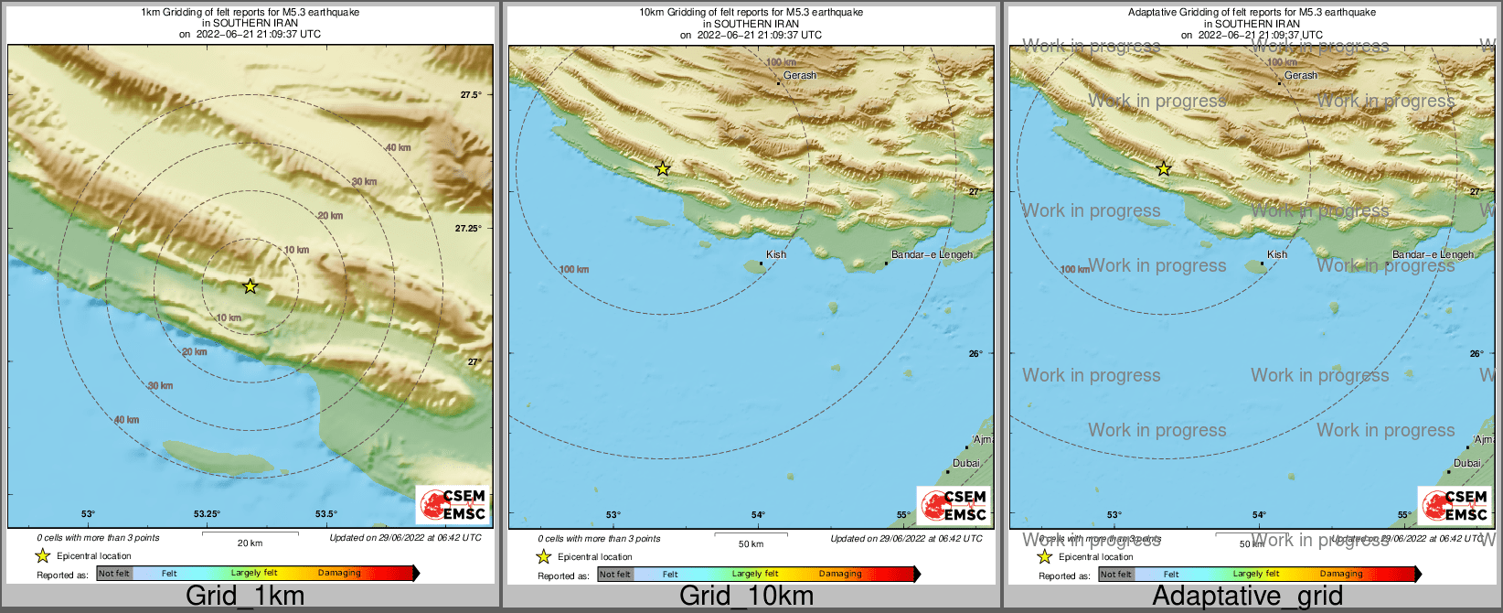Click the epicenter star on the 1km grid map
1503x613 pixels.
pyautogui.click(x=250, y=286)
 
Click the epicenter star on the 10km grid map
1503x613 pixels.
pyautogui.click(x=663, y=168)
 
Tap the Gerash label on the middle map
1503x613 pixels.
pyautogui.click(x=799, y=75)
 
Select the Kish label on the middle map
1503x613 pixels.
pyautogui.click(x=775, y=254)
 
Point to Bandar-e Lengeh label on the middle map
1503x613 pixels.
pyautogui.click(x=932, y=254)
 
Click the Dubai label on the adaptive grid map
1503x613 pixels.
pyautogui.click(x=1466, y=463)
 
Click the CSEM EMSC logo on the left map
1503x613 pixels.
pyautogui.click(x=453, y=504)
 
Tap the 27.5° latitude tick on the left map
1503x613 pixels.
pyautogui.click(x=470, y=94)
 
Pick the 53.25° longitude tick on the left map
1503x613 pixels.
pyautogui.click(x=207, y=514)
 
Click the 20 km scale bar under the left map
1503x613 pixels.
pyautogui.click(x=250, y=534)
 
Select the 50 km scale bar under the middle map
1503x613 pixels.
pyautogui.click(x=751, y=534)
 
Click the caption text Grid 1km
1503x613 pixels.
pyautogui.click(x=245, y=596)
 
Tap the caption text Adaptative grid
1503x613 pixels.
pyautogui.click(x=1247, y=596)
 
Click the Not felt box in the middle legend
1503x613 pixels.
pyautogui.click(x=615, y=574)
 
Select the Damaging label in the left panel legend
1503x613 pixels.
pyautogui.click(x=339, y=573)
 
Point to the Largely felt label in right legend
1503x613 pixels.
pyautogui.click(x=1255, y=574)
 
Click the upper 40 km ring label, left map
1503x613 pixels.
pyautogui.click(x=398, y=147)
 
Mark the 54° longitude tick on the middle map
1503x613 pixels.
pyautogui.click(x=758, y=515)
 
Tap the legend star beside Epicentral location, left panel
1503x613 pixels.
pyautogui.click(x=42, y=555)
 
